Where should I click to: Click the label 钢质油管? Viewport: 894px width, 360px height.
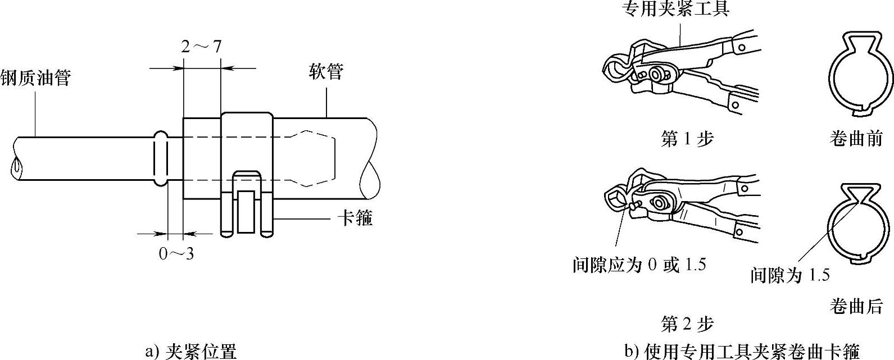(35, 78)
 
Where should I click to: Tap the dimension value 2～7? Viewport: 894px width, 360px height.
(201, 46)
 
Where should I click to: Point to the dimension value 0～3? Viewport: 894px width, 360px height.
(176, 254)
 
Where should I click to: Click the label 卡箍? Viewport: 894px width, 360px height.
(355, 218)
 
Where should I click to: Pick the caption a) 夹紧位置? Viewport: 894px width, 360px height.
(191, 352)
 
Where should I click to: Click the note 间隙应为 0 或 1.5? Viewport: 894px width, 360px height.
(639, 265)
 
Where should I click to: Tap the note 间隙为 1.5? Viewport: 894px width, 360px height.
(790, 275)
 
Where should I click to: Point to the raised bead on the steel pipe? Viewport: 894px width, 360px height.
(160, 158)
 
